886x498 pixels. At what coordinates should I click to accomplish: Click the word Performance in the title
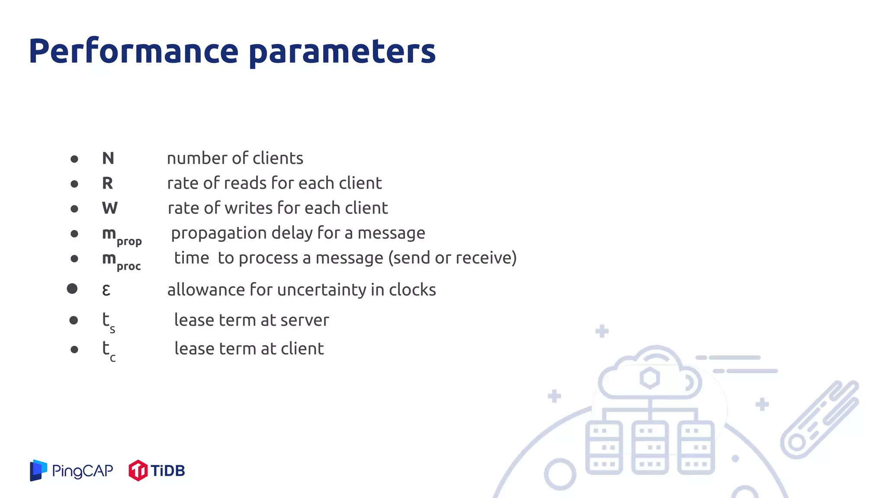(x=133, y=51)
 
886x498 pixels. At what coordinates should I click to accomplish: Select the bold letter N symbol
(x=108, y=158)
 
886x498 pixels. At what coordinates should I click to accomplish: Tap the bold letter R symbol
(x=107, y=183)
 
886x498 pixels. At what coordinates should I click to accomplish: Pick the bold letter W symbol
(x=109, y=208)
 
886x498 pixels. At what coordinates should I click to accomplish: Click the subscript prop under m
(x=129, y=241)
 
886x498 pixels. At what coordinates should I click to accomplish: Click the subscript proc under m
(x=128, y=266)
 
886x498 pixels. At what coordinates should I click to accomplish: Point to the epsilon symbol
(x=106, y=290)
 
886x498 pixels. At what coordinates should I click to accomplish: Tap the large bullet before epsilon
(x=72, y=289)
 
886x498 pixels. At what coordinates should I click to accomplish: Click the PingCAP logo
(x=71, y=470)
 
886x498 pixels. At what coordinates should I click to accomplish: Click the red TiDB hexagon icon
(x=138, y=470)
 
